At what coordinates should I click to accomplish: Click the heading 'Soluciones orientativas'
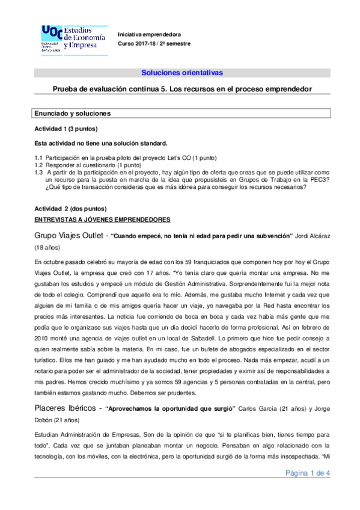pos(182,73)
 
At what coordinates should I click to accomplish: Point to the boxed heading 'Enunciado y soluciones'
pos(72,112)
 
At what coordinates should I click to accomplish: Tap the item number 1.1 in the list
pos(39,157)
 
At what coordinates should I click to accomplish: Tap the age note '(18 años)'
pos(49,247)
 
